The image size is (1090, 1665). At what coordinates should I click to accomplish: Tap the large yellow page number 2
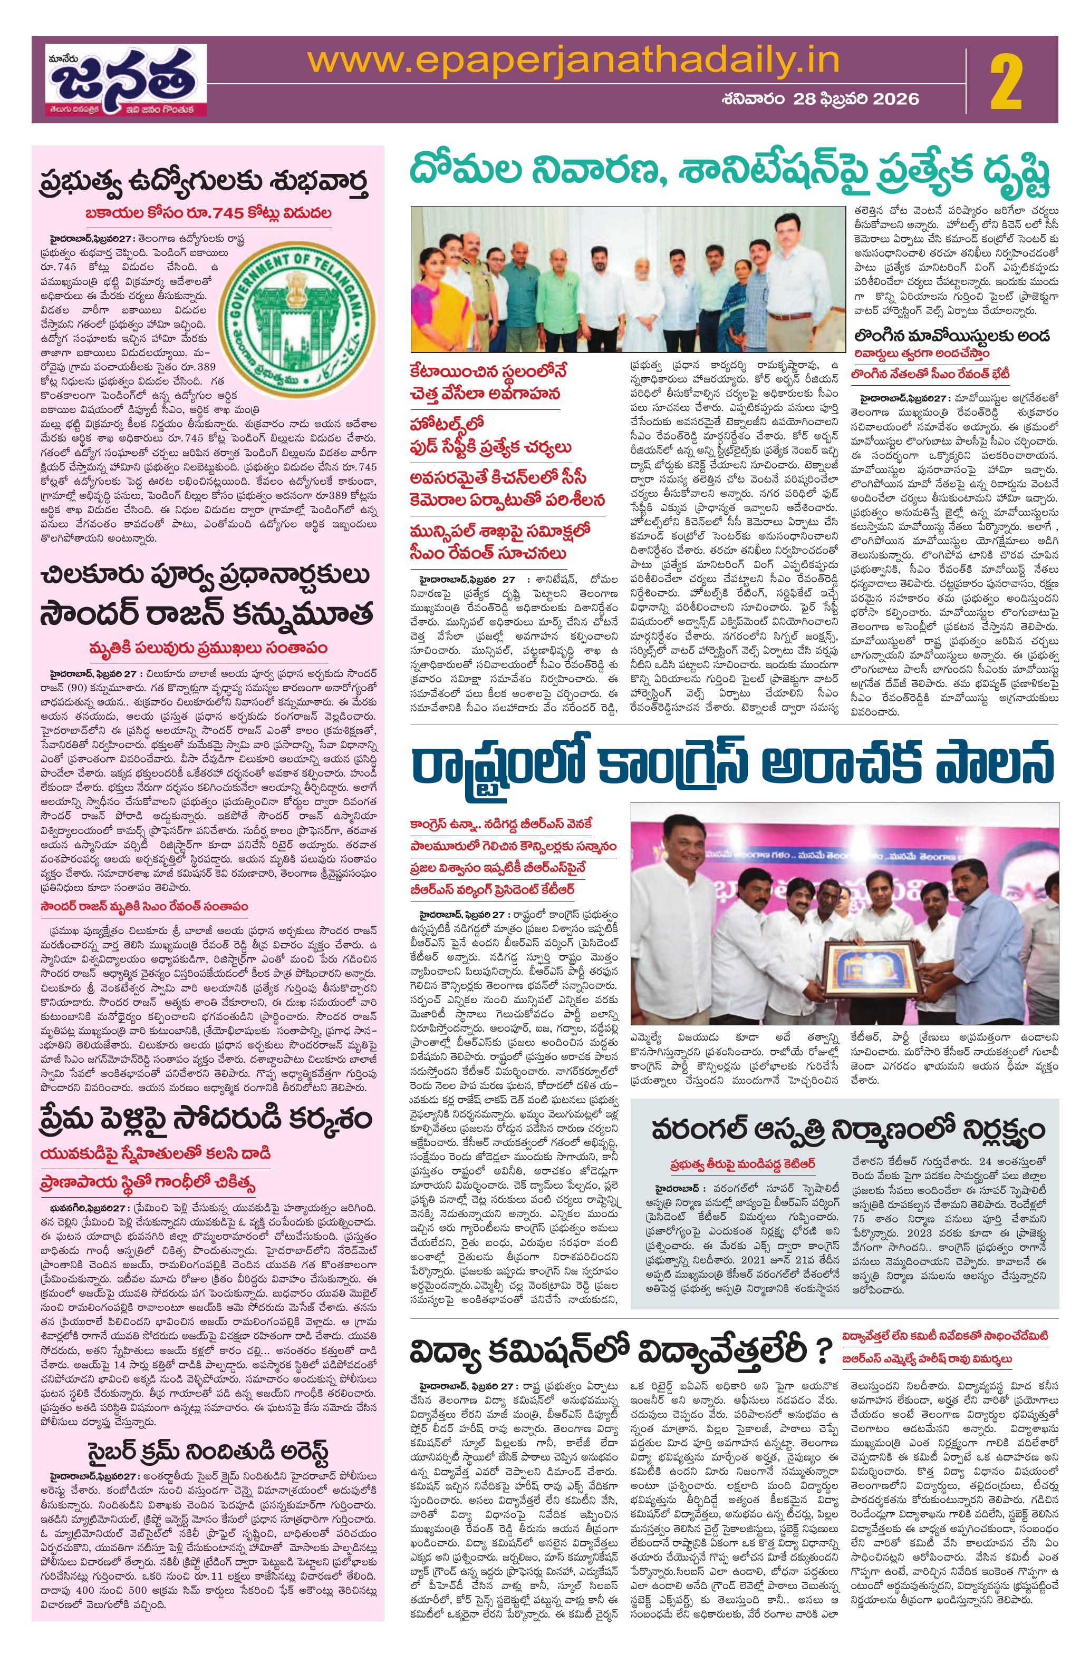click(x=1006, y=83)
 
